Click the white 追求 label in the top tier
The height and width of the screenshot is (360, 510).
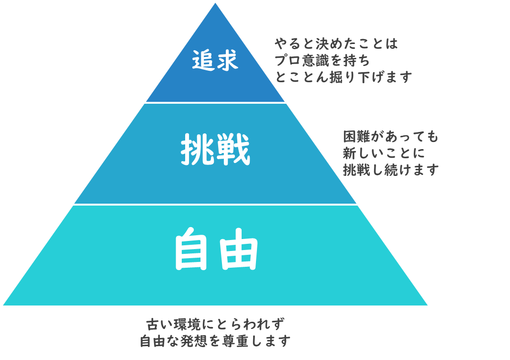(215, 60)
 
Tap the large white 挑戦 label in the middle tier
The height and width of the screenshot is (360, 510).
(215, 150)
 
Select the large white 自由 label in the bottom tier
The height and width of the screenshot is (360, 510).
(217, 249)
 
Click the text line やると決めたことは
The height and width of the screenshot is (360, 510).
(336, 44)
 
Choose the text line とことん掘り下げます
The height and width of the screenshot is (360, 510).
(344, 77)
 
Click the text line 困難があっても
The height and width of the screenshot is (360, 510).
(390, 136)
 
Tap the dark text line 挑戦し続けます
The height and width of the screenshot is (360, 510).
(390, 170)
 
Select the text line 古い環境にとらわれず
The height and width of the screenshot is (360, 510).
(215, 324)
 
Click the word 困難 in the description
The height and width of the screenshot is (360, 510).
(357, 136)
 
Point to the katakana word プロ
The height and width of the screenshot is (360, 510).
(288, 60)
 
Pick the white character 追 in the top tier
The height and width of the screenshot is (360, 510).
(203, 60)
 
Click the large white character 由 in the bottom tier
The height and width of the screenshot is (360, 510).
(239, 249)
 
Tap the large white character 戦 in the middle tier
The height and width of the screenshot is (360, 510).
(233, 150)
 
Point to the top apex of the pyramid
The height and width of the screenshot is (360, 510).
(215, 3)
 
